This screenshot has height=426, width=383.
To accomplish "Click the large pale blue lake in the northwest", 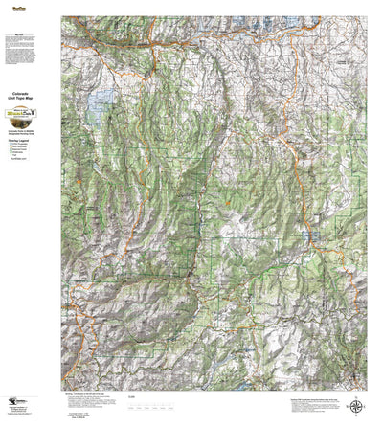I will pyautogui.click(x=99, y=112).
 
